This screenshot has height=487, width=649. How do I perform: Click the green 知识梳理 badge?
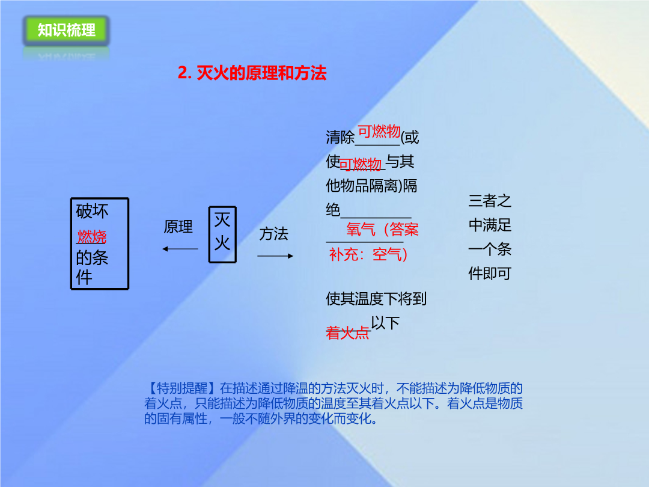click(66, 30)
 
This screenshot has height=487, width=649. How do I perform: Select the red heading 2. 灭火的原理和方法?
click(252, 73)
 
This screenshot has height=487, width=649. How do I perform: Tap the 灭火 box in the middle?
click(222, 234)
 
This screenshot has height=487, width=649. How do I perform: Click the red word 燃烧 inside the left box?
click(91, 237)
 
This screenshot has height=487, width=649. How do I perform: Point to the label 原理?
click(178, 227)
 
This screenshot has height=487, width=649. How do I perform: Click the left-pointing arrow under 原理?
click(180, 249)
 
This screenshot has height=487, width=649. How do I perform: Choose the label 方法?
click(273, 233)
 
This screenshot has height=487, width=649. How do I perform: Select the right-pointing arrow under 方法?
click(275, 256)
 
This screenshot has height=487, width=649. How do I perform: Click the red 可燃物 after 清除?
click(379, 131)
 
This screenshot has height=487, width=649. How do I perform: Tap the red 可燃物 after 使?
click(360, 164)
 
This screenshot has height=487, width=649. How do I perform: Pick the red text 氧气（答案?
click(382, 229)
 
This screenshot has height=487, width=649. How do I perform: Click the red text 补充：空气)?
click(368, 254)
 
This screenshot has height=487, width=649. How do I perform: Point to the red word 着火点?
click(347, 332)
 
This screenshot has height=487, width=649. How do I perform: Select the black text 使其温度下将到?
click(376, 299)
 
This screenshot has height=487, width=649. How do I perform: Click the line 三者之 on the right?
click(490, 201)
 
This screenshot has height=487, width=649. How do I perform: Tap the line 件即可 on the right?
click(490, 274)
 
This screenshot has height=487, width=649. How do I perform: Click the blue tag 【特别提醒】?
click(181, 388)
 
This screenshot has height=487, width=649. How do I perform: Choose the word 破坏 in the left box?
click(92, 211)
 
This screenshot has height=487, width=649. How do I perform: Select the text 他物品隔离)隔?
click(371, 186)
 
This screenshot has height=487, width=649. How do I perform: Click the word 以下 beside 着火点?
click(385, 323)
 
